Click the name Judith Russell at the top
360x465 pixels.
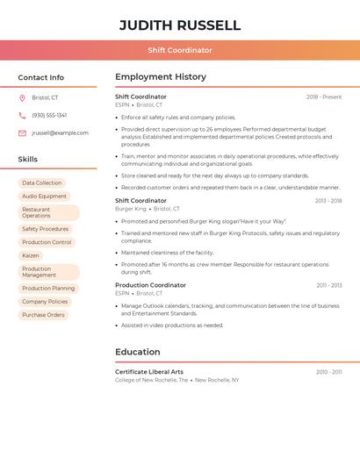point(180,25)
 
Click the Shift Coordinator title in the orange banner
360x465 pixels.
point(180,50)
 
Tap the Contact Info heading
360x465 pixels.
point(41,77)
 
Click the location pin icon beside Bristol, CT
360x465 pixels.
point(22,97)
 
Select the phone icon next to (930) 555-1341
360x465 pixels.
point(22,115)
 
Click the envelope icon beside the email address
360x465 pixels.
point(22,133)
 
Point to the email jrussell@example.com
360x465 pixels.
point(60,133)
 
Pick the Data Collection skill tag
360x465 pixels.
point(42,183)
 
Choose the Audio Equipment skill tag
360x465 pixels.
point(44,197)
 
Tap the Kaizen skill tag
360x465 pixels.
point(31,255)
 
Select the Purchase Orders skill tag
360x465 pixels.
point(43,315)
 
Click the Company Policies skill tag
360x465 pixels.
point(45,302)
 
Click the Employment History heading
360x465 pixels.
point(161,77)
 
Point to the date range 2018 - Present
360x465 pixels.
point(324,97)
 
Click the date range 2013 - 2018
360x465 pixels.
point(328,201)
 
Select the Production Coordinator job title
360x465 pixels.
point(150,285)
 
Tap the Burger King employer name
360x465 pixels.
point(131,209)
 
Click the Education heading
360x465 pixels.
point(138,352)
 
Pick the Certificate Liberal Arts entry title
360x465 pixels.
point(149,372)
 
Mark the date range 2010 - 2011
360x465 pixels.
point(329,372)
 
